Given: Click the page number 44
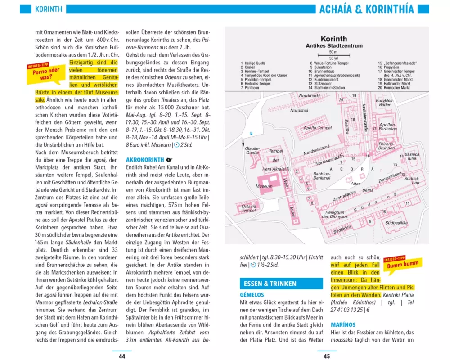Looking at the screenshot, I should tap(121, 356).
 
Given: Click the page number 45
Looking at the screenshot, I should tap(327, 356).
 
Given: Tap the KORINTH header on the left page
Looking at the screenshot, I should tap(48, 9).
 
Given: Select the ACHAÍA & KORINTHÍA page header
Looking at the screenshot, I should tap(366, 9).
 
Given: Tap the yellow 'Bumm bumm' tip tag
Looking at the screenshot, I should tap(402, 265).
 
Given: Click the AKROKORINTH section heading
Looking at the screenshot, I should tap(145, 160).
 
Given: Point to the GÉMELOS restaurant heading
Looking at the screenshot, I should tap(252, 295).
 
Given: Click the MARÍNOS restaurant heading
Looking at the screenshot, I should tap(343, 324).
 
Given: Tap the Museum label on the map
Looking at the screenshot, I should tap(264, 186).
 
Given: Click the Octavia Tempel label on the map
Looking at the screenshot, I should tap(249, 208).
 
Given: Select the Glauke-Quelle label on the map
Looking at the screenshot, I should tap(252, 150).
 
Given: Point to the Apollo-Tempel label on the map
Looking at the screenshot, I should tap(318, 128).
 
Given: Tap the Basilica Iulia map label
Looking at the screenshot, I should tap(411, 156).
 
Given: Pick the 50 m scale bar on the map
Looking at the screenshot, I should tap(333, 54).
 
